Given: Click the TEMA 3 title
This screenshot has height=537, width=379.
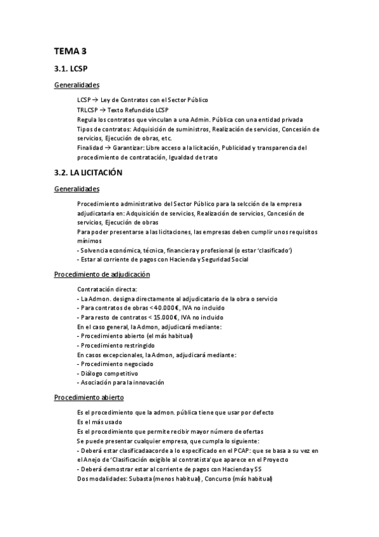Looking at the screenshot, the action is click(x=70, y=52).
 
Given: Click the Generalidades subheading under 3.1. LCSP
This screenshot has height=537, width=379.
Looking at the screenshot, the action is click(x=77, y=85).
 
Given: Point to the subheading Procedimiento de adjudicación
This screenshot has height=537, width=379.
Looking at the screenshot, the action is click(x=101, y=274).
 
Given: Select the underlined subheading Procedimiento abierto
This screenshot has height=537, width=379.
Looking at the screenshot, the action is click(x=89, y=397).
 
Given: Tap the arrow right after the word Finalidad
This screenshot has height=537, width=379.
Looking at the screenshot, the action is click(x=102, y=148).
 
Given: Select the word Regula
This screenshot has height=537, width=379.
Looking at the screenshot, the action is click(x=85, y=120).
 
